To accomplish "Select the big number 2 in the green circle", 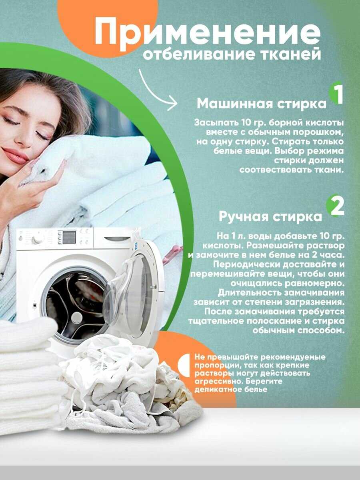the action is (337, 207).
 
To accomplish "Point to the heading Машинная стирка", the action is (262, 104).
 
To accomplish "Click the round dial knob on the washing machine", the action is (38, 239).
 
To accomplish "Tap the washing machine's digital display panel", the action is (69, 237).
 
